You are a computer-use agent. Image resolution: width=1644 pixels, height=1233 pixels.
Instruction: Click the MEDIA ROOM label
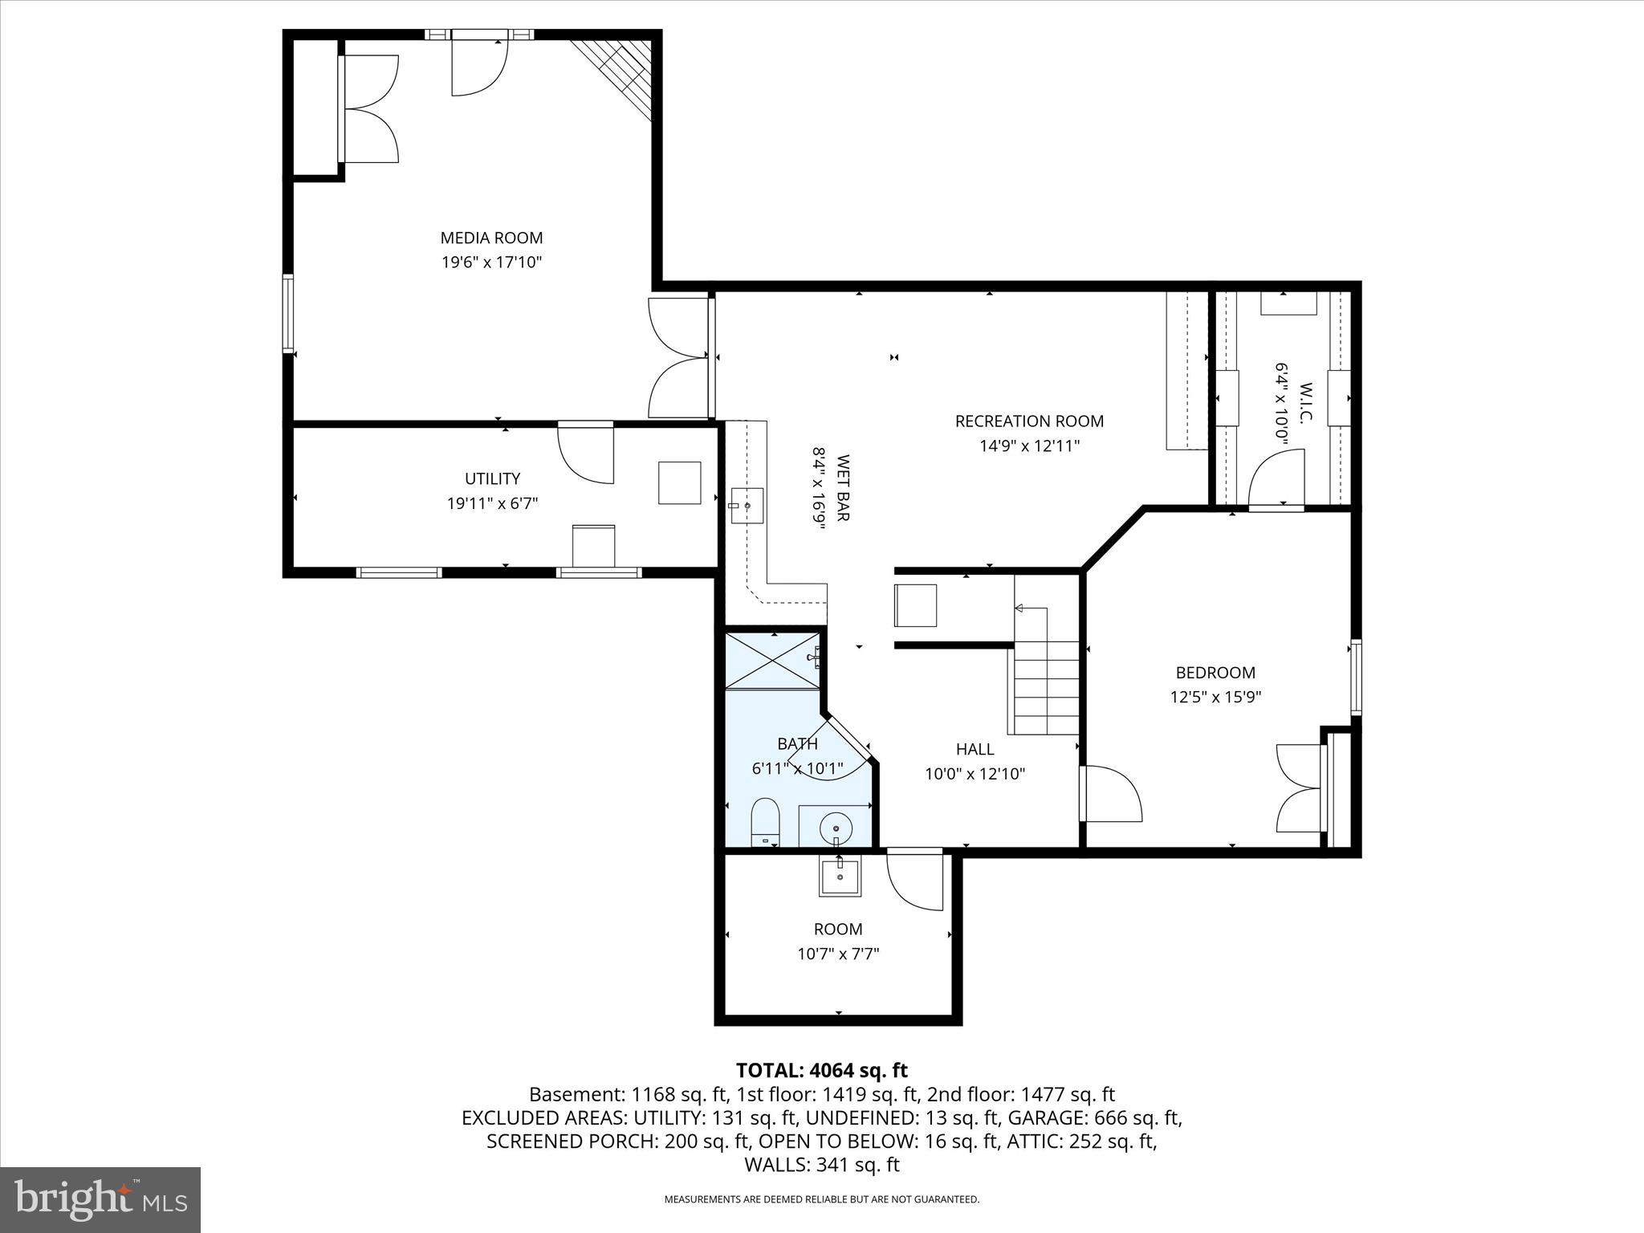491,238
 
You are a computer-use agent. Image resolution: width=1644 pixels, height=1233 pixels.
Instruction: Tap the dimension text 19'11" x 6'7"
492,503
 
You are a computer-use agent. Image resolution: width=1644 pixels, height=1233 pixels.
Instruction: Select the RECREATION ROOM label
1029,421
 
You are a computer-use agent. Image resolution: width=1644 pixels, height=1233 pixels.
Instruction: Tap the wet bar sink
747,506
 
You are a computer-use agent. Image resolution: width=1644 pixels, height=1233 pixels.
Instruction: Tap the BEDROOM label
1215,673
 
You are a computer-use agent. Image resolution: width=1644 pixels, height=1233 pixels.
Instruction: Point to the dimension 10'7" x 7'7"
838,954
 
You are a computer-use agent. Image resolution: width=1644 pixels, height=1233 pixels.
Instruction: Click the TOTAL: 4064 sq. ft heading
821,1070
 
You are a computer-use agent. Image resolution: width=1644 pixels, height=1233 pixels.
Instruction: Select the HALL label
975,749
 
